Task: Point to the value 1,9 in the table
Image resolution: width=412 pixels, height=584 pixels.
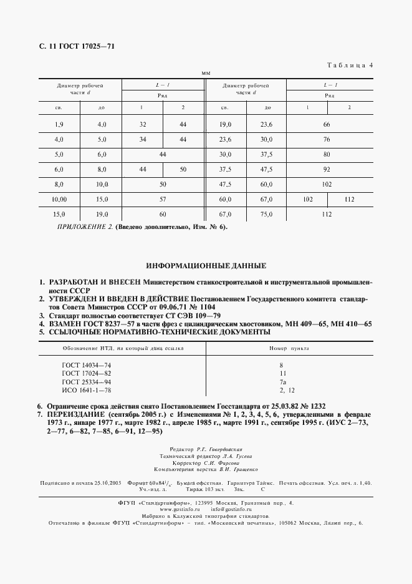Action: (59, 125)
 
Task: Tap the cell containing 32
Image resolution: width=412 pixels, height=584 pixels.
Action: (142, 125)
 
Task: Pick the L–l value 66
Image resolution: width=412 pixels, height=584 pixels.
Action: (326, 125)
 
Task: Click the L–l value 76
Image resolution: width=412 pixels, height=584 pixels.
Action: (326, 140)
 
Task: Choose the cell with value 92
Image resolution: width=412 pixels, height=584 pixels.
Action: (326, 170)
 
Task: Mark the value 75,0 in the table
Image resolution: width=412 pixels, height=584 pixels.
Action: (266, 214)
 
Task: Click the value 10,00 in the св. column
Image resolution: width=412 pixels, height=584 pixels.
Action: (59, 199)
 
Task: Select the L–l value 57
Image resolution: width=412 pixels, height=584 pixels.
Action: (162, 199)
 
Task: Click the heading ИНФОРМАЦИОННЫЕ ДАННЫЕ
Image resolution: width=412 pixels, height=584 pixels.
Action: (206, 265)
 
